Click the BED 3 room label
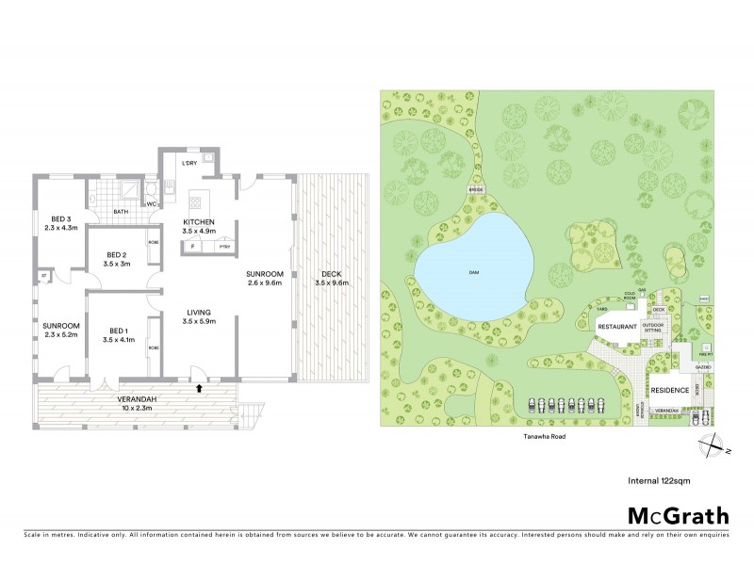click(x=57, y=220)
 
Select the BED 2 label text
click(x=117, y=254)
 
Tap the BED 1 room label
click(x=118, y=331)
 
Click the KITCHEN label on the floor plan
click(x=200, y=222)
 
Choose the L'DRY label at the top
click(x=189, y=163)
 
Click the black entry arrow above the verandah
click(x=199, y=386)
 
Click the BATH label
click(x=121, y=212)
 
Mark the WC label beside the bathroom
click(x=149, y=204)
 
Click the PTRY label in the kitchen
click(x=223, y=247)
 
